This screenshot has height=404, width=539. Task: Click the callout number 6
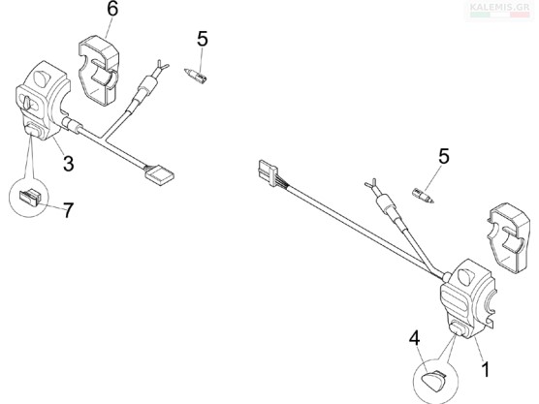click(112, 10)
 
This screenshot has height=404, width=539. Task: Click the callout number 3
click(69, 163)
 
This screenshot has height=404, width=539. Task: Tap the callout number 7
click(68, 209)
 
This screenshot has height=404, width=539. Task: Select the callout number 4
click(414, 338)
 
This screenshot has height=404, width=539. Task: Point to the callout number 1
click(486, 369)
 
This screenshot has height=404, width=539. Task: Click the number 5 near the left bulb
click(203, 39)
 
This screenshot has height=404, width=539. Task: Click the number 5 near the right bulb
click(444, 156)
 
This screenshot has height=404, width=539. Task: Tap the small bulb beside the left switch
click(196, 76)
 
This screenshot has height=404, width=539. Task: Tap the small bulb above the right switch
click(423, 195)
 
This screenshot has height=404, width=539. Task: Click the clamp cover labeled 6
click(99, 70)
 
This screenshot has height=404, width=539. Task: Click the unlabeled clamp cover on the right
click(509, 238)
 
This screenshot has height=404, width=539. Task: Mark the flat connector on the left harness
click(159, 175)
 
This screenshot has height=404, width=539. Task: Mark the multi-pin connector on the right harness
click(268, 172)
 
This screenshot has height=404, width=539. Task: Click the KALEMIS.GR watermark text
click(499, 7)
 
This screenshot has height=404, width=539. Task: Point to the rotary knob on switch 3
click(27, 102)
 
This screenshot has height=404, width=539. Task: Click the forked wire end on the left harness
click(161, 66)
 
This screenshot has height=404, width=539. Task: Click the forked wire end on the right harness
click(371, 184)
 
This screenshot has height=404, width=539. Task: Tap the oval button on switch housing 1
click(458, 328)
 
